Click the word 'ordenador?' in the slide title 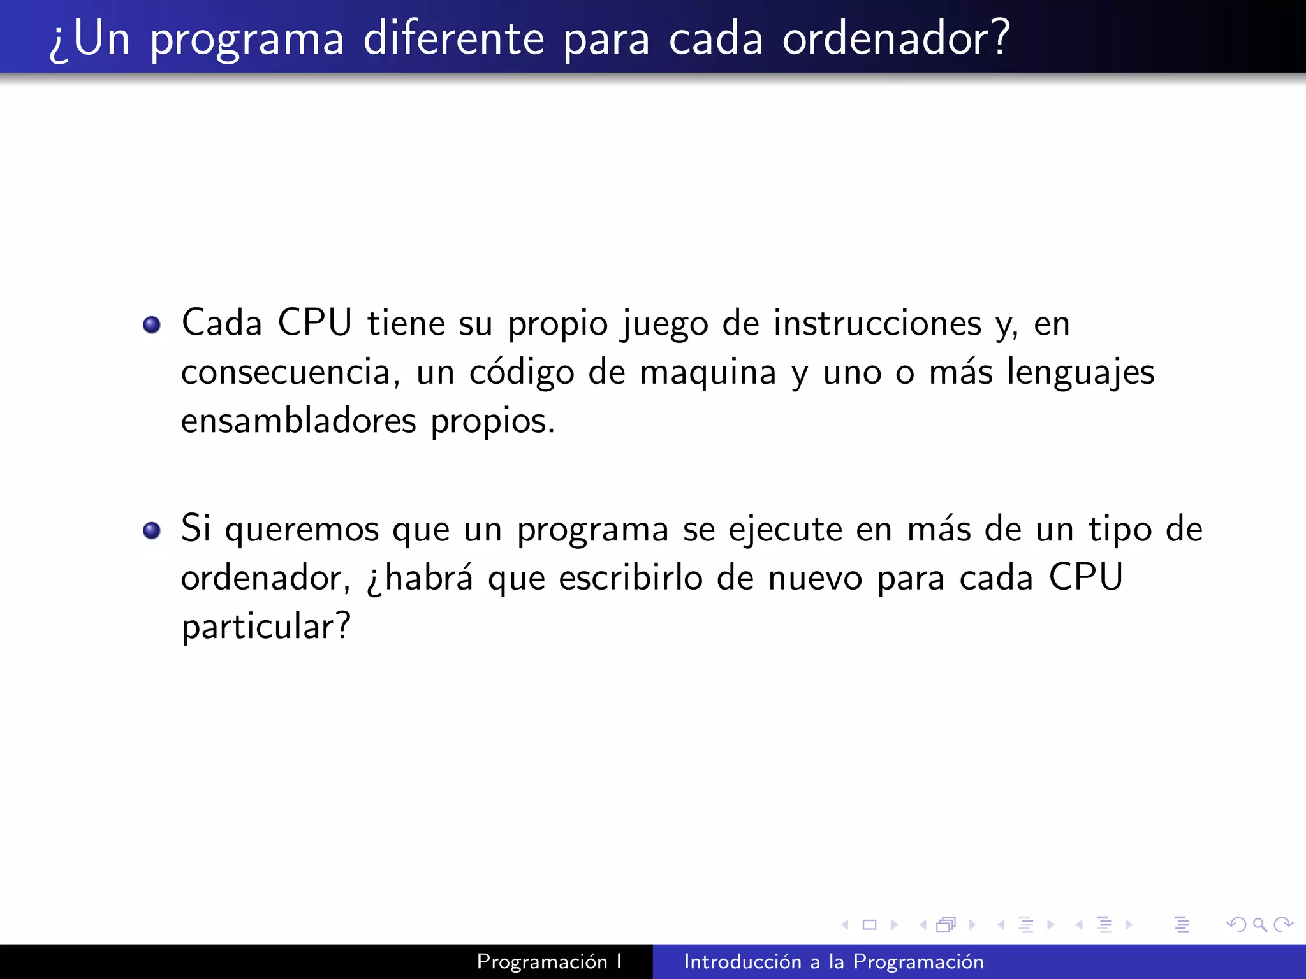[x=896, y=38]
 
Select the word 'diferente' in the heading [x=453, y=38]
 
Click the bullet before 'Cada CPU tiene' [x=152, y=325]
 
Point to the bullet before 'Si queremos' [x=152, y=530]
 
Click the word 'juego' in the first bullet [x=664, y=324]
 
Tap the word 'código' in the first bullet [x=521, y=373]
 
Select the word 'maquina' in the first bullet [x=708, y=373]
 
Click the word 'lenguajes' [x=1080, y=373]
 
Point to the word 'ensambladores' [x=298, y=421]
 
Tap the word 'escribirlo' [x=631, y=579]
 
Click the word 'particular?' [x=266, y=627]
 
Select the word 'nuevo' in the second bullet [x=815, y=579]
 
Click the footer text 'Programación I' [x=549, y=962]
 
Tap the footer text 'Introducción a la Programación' [x=833, y=962]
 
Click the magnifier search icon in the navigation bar [x=1259, y=925]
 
